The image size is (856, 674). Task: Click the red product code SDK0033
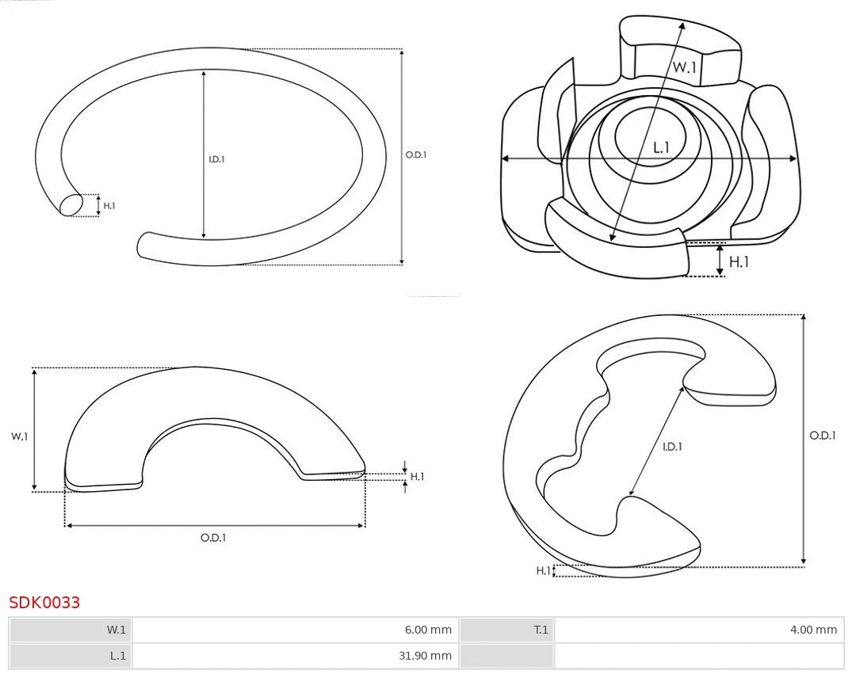coord(44,602)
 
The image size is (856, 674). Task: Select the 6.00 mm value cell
coord(296,630)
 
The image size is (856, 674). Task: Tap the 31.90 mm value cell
coord(296,656)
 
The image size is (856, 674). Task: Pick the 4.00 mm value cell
coord(699,630)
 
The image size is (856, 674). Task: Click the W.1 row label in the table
coord(116,630)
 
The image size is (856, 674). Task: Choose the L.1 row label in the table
coord(118,656)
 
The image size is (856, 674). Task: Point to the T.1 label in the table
coord(541,630)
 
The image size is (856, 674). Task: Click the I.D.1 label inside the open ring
coord(216,159)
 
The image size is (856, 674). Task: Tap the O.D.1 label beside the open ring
coord(416,155)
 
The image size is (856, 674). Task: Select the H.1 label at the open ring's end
coord(109,206)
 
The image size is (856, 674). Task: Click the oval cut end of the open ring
coord(71,205)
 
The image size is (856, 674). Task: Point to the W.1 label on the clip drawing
coord(685,67)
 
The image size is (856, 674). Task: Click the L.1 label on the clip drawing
coord(661,147)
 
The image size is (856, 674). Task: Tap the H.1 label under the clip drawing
coord(739,262)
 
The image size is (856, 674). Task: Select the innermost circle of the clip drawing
coord(650,136)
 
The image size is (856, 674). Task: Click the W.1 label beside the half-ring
coord(19,436)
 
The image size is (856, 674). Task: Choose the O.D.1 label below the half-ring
coord(213,538)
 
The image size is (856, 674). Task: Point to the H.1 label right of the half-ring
coord(417,477)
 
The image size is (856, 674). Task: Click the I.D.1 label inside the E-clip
coord(672,447)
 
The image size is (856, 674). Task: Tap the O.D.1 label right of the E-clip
coord(823,435)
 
